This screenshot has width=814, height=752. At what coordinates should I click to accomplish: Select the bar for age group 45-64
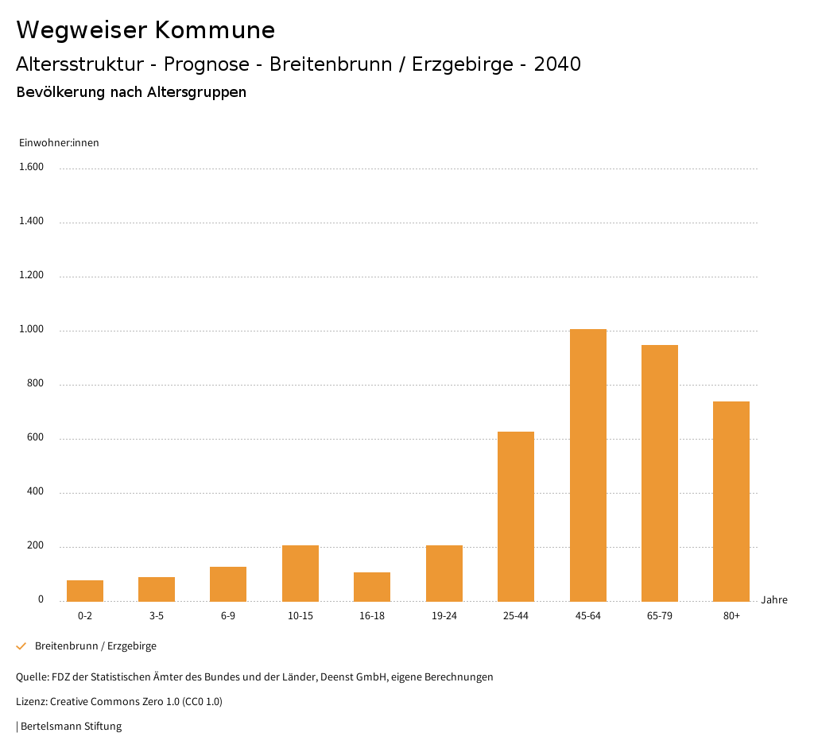click(x=587, y=465)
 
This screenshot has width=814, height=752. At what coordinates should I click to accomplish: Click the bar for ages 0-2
click(x=85, y=591)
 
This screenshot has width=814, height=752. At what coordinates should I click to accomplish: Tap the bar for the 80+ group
click(x=731, y=501)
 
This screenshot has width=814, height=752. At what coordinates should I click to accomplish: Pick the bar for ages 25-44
click(x=516, y=517)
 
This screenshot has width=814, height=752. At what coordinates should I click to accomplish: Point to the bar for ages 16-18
click(x=372, y=587)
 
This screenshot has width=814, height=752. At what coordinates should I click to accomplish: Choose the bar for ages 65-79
click(x=660, y=473)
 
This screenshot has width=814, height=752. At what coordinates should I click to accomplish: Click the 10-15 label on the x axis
click(x=300, y=616)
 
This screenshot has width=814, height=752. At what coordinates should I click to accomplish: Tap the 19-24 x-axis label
click(x=444, y=616)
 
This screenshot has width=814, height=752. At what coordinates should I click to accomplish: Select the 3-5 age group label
click(x=157, y=616)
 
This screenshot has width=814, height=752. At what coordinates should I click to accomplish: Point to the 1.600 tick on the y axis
click(x=31, y=167)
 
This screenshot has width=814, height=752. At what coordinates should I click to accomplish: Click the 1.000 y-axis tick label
click(x=31, y=329)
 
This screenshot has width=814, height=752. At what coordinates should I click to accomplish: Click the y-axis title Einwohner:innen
click(x=59, y=143)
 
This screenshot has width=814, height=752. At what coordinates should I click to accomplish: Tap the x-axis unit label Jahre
click(x=774, y=600)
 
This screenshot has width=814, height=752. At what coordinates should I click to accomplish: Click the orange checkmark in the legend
click(x=21, y=646)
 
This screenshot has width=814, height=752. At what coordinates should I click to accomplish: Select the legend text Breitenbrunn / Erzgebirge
click(x=95, y=646)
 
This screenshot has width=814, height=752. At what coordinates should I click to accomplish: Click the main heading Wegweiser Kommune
click(x=145, y=30)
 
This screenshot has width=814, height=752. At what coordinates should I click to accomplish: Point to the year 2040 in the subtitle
click(x=557, y=64)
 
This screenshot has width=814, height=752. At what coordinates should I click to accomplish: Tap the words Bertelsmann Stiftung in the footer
click(x=71, y=726)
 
